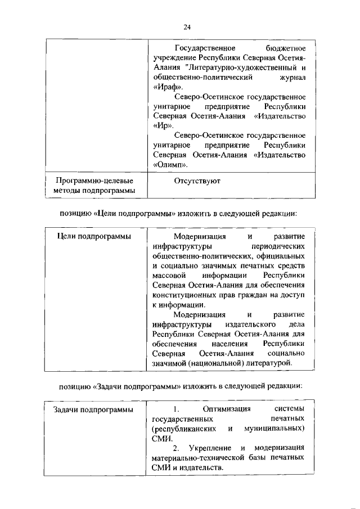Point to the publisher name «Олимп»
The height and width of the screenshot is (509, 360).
click(170, 165)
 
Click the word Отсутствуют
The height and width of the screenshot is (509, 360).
click(197, 181)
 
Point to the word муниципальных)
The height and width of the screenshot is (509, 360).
click(274, 429)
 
